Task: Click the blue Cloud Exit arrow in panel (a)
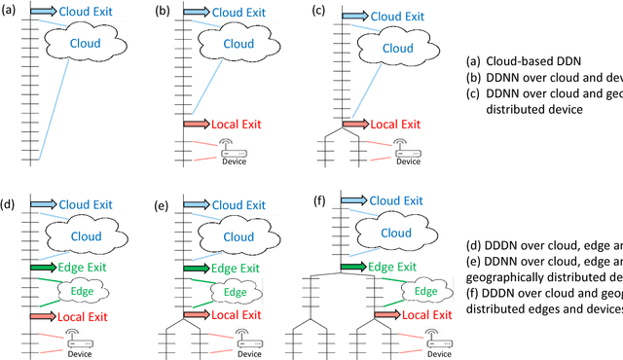click(x=44, y=12)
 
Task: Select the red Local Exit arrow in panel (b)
click(x=197, y=125)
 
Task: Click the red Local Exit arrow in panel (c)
click(x=354, y=125)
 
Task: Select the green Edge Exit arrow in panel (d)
click(x=44, y=266)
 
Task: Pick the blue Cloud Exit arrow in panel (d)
click(x=44, y=204)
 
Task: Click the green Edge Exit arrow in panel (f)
click(x=357, y=266)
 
